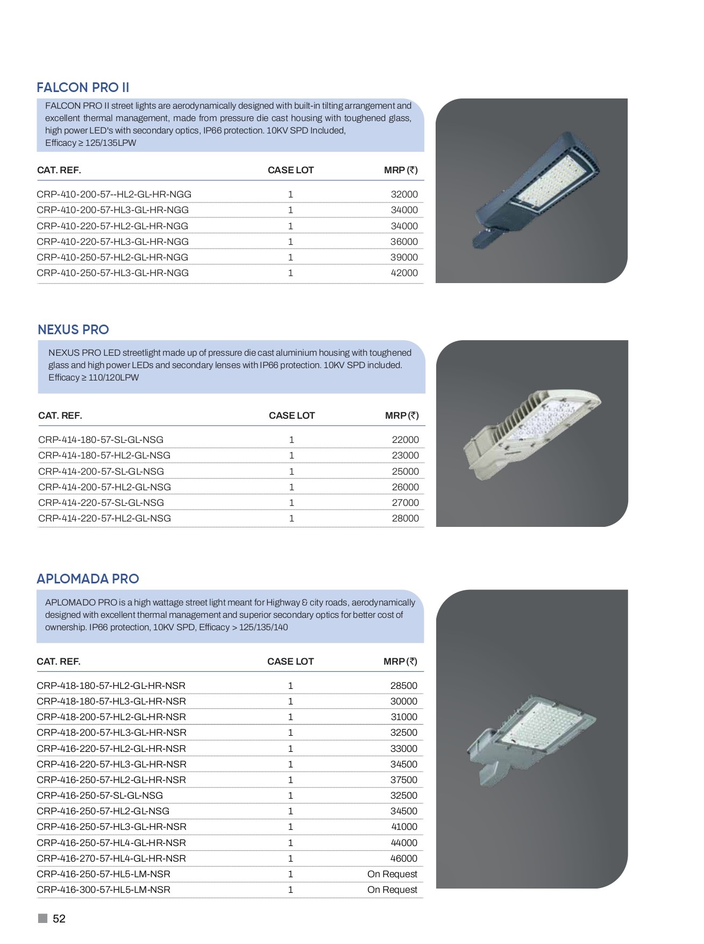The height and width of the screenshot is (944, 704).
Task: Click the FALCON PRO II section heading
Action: (83, 88)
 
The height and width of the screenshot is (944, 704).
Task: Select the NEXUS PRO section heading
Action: (73, 330)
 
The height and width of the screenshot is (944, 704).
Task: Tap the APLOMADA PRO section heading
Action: (88, 579)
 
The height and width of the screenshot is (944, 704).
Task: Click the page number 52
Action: (59, 919)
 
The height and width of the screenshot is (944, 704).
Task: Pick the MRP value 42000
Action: (404, 273)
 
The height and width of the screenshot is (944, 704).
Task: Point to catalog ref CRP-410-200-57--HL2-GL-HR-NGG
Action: (114, 194)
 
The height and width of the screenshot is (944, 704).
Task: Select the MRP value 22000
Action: (405, 440)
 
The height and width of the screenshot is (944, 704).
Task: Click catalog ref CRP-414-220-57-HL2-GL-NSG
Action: (104, 518)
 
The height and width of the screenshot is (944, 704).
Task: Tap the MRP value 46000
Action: (403, 858)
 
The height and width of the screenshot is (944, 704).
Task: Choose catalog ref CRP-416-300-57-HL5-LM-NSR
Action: (103, 890)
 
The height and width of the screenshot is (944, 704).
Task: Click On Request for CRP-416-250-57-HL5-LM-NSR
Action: (392, 874)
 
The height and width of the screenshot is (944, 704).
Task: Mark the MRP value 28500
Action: (403, 686)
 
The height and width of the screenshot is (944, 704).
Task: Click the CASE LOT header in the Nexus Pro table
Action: (291, 415)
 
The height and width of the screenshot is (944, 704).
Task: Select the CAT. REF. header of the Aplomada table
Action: (59, 661)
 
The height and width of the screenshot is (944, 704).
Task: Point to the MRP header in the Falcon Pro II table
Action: (401, 170)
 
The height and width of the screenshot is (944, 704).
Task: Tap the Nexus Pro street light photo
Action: (531, 434)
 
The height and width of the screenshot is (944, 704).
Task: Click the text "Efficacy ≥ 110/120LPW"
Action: (94, 377)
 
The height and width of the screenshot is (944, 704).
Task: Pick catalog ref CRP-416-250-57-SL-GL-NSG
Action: (99, 795)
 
